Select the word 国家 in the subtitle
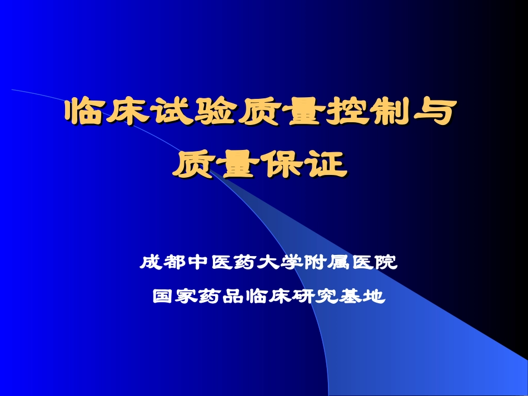(174, 297)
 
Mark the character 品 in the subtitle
(233, 297)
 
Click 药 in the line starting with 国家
(210, 297)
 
